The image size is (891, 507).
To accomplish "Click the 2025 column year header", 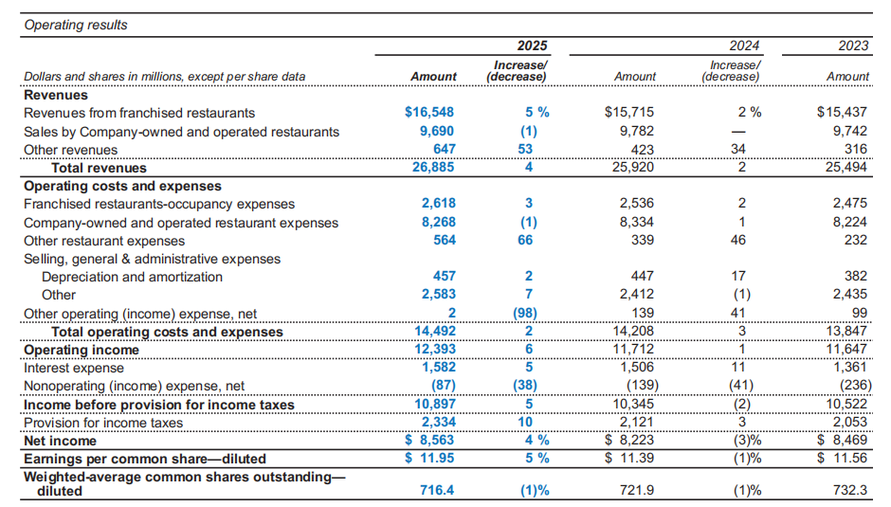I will click(x=532, y=45).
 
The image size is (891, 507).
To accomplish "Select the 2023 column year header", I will click(x=853, y=45).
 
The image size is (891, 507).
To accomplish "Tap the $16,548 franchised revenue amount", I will click(x=430, y=113).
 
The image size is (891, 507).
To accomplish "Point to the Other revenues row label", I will click(x=71, y=150).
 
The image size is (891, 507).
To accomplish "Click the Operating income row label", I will click(x=82, y=350).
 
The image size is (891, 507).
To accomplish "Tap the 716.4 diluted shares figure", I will click(x=437, y=491).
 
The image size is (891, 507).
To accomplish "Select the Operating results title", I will click(x=75, y=26).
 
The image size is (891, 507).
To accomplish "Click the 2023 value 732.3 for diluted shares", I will click(x=850, y=491).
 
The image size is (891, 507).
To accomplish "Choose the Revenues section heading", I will click(x=55, y=95).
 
